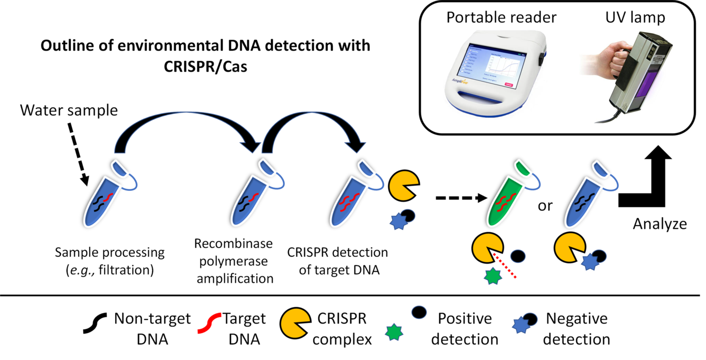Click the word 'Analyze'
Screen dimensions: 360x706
pyautogui.click(x=660, y=224)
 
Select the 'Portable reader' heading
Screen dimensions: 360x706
pyautogui.click(x=501, y=17)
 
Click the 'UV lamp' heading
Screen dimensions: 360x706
pyautogui.click(x=634, y=17)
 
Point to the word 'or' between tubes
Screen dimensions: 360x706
pyautogui.click(x=545, y=205)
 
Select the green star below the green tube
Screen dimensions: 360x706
pyautogui.click(x=493, y=275)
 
